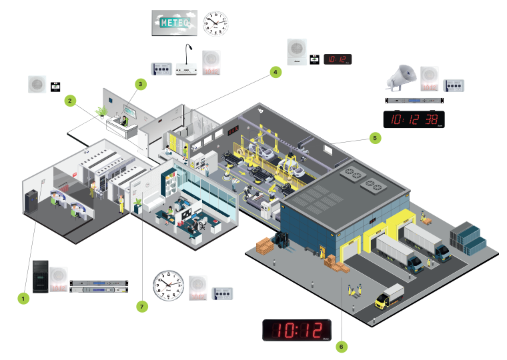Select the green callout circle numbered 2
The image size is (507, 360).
pyautogui.click(x=69, y=101)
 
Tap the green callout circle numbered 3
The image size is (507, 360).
pyautogui.click(x=140, y=85)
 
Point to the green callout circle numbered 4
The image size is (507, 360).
pyautogui.click(x=275, y=72)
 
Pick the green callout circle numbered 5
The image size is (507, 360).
pyautogui.click(x=374, y=139)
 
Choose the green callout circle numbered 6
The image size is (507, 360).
pyautogui.click(x=341, y=346)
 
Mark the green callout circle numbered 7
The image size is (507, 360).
pyautogui.click(x=141, y=306)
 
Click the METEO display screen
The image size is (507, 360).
pyautogui.click(x=173, y=23)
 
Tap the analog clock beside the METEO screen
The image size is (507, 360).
pyautogui.click(x=215, y=23)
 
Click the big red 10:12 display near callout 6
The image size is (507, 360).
pyautogui.click(x=298, y=330)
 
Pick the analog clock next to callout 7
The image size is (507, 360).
pyautogui.click(x=168, y=285)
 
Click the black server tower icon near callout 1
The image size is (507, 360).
pyautogui.click(x=41, y=276)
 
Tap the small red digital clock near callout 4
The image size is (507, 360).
pyautogui.click(x=338, y=59)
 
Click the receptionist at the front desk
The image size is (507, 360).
pyautogui.click(x=123, y=121)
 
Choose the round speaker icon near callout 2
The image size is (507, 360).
pyautogui.click(x=37, y=85)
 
